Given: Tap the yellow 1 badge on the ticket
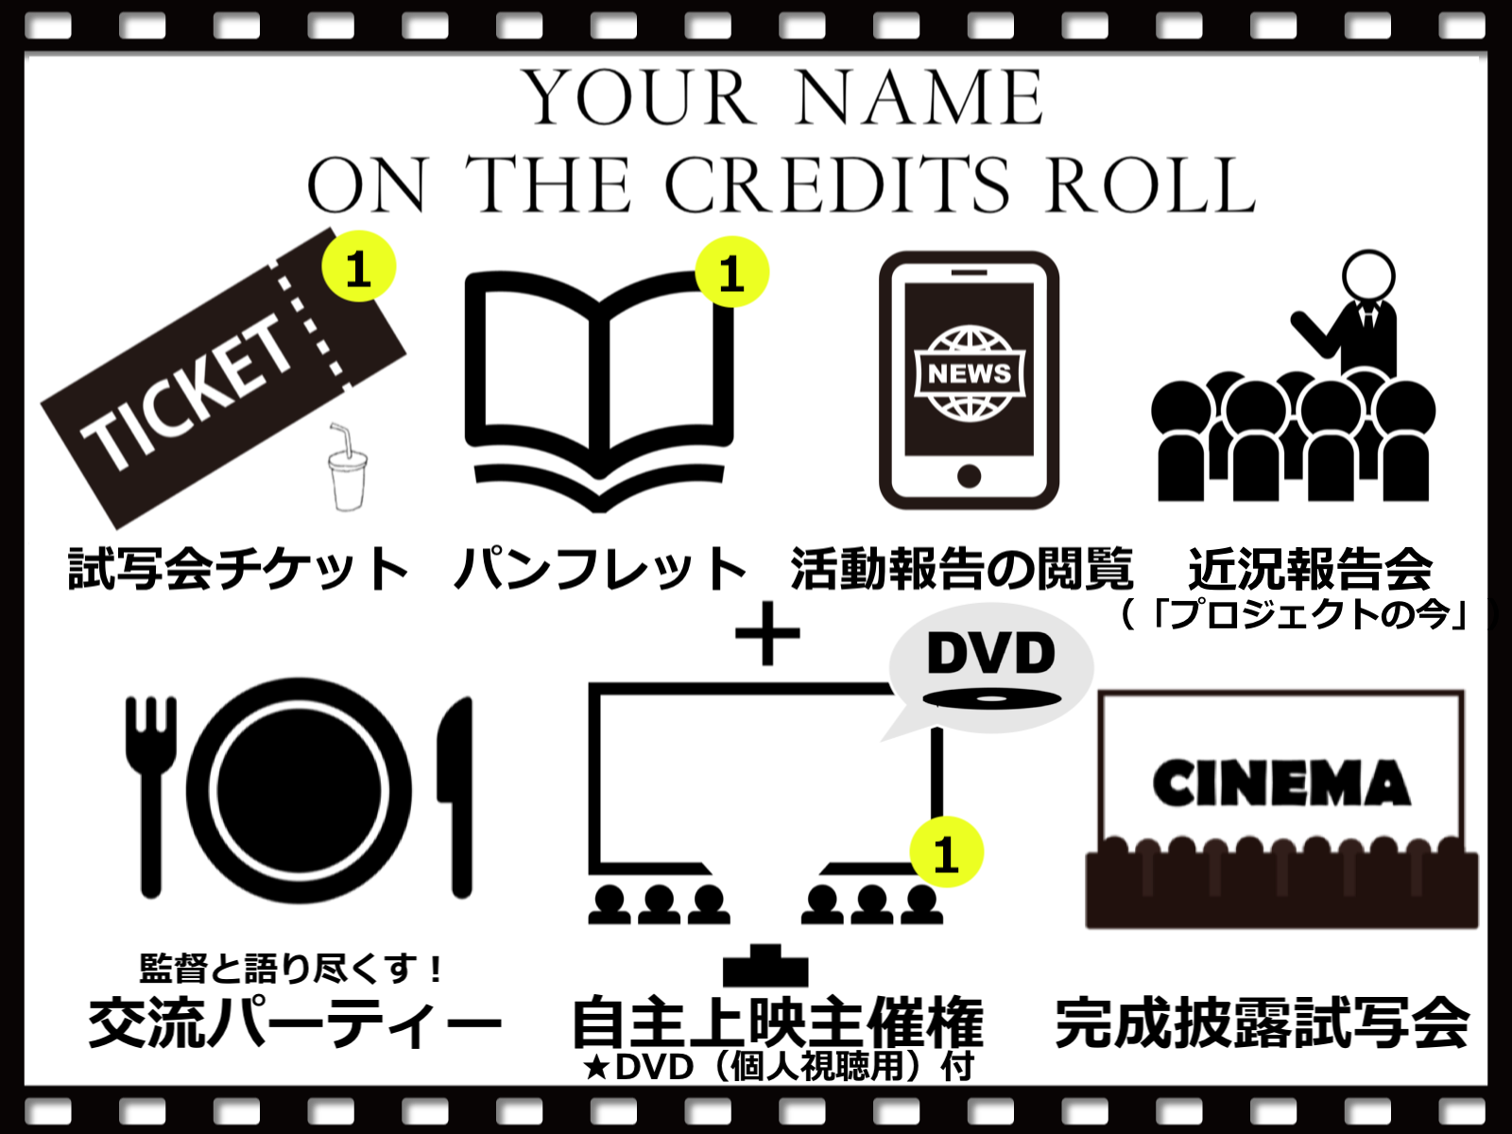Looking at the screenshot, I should click(359, 266).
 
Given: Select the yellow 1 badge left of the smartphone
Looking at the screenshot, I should click(732, 272).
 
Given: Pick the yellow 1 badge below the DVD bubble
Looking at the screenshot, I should click(946, 851).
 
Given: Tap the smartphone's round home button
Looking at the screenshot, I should click(969, 475).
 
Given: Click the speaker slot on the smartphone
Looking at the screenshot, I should click(969, 272).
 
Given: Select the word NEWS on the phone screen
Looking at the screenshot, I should click(969, 373).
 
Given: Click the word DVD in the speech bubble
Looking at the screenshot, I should click(990, 653).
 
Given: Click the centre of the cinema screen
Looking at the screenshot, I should click(1280, 765).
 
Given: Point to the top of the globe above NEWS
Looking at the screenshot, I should click(969, 337).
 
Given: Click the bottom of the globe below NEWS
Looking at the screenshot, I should click(969, 410).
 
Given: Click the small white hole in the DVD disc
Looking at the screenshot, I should click(991, 699).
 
